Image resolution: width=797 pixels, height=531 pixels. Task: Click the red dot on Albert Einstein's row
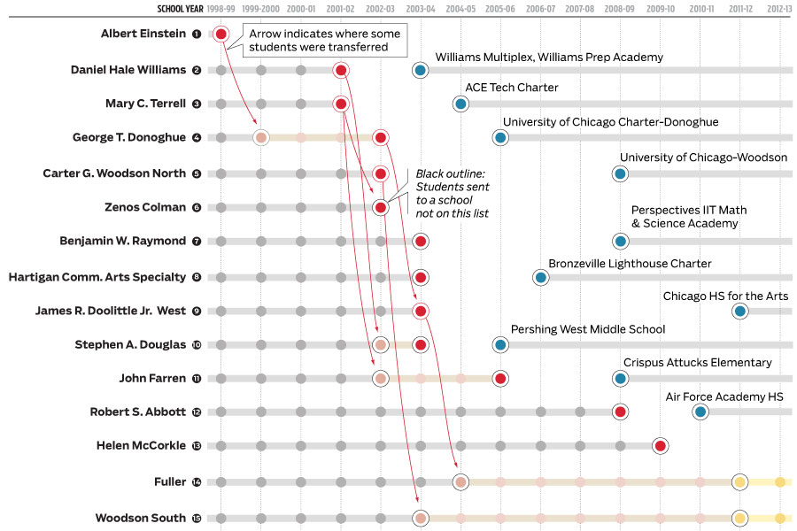(221, 35)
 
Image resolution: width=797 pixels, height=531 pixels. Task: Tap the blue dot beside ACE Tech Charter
(460, 104)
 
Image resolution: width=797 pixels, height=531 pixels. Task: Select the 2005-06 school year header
(500, 8)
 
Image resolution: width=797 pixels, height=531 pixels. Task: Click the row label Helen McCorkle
(141, 446)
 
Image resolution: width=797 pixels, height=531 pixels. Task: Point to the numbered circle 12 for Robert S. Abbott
(197, 412)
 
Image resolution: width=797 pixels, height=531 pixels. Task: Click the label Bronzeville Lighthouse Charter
(630, 264)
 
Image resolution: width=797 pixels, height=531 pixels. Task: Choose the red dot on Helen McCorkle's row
(660, 446)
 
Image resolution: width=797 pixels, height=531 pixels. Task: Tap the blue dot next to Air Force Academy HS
(700, 412)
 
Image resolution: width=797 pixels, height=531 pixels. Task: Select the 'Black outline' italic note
(453, 194)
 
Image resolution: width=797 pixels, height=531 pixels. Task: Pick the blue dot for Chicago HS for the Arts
(740, 311)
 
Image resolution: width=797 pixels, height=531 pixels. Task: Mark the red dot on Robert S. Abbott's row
(620, 412)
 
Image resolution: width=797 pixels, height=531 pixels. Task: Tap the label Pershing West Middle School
(587, 329)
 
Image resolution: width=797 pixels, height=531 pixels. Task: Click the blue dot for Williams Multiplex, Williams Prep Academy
(421, 70)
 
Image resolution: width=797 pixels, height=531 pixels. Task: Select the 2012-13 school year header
(780, 8)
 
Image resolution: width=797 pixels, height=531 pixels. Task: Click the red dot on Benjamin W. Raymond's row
(421, 241)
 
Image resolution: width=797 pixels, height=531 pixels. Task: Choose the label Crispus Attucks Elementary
(697, 363)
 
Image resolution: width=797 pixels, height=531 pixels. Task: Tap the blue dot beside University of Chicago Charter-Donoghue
(500, 137)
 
